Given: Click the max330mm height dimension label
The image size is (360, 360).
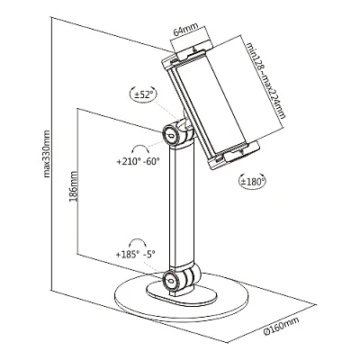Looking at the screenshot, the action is point(47,154).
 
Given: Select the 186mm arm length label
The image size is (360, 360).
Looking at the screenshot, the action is point(73,186).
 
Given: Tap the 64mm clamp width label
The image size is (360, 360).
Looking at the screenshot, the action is point(186,30).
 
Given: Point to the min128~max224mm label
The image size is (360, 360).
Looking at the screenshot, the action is point(265,80).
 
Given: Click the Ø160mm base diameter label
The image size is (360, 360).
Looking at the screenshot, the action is point(281,326).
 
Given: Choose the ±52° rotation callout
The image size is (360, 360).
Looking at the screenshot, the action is point(144,94).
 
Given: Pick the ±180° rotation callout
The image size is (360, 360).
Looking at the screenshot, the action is point(253,181).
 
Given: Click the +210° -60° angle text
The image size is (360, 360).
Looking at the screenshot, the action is point(138,161).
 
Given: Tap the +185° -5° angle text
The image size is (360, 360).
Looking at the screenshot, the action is point(136,255).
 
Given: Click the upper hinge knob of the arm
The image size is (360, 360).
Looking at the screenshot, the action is point(171,135).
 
